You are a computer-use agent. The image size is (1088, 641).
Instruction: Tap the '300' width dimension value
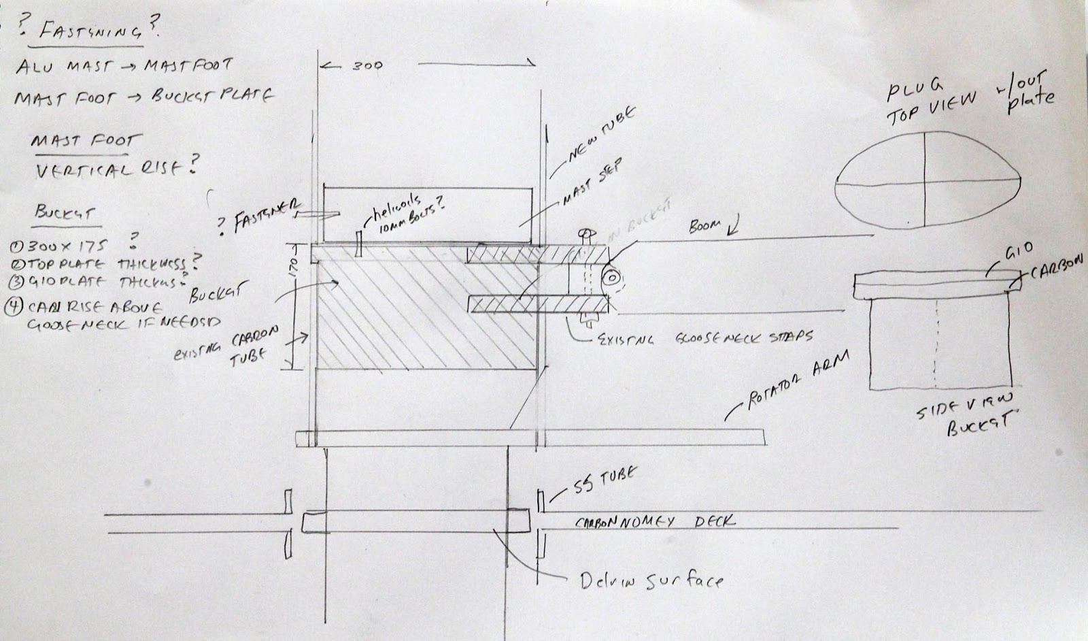coord(367,66)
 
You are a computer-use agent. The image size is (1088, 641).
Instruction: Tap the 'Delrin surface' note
coord(651,580)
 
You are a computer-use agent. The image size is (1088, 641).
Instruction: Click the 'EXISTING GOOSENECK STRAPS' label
coord(704,337)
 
